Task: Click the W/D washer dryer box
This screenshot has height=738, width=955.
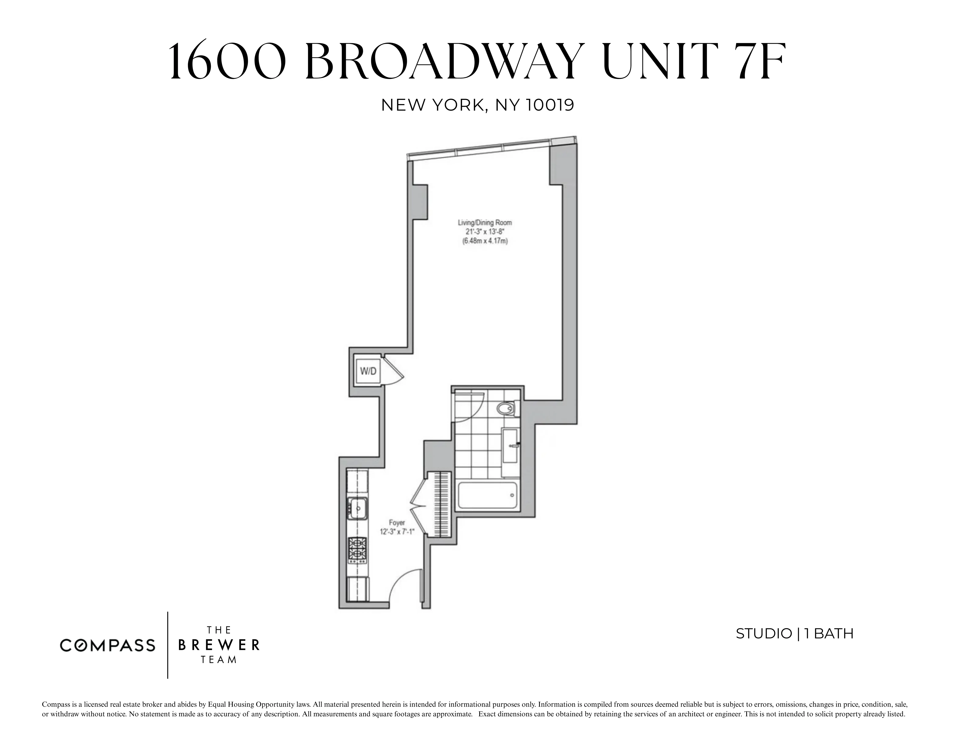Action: pos(368,371)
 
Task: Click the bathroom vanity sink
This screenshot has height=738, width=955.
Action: pos(510,445)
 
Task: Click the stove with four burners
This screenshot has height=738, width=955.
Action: pos(358,550)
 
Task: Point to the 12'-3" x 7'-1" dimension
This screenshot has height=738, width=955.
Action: pos(397,532)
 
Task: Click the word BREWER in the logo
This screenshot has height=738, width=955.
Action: pos(219,645)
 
